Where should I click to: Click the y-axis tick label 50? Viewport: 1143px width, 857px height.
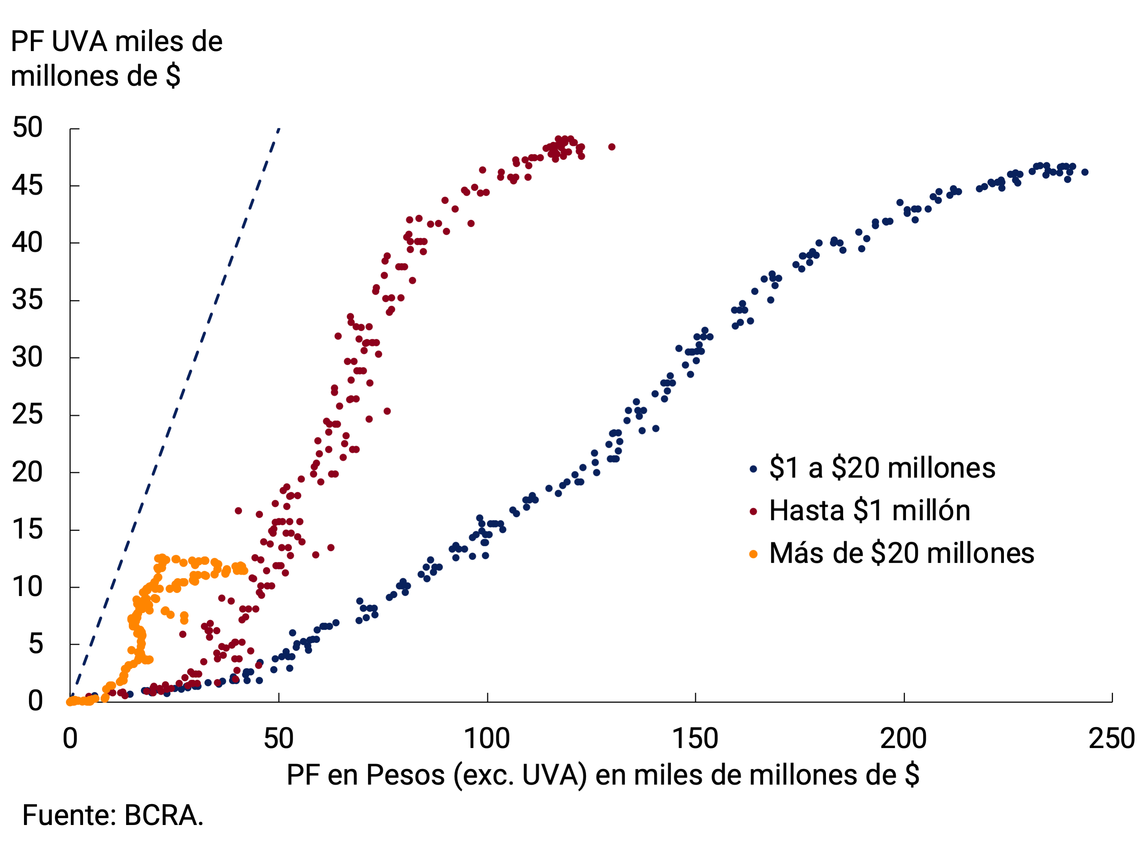click(x=27, y=128)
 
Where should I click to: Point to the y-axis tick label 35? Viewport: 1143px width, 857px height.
click(x=27, y=300)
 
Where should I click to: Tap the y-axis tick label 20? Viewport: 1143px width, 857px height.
click(x=27, y=472)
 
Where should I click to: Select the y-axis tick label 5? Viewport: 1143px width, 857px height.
click(x=36, y=644)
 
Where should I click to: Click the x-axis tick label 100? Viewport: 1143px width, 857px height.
click(x=487, y=739)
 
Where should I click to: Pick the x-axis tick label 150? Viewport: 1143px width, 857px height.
click(x=695, y=739)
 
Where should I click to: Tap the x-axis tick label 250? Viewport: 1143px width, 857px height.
click(x=1111, y=739)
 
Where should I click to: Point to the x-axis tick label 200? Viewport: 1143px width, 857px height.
click(x=903, y=739)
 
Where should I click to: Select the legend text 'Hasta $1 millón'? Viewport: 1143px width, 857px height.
click(x=870, y=511)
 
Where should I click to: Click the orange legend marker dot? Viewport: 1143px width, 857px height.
click(x=753, y=554)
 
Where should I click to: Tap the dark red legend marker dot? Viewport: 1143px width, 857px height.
click(x=753, y=512)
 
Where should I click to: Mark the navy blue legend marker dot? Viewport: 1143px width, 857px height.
click(x=753, y=469)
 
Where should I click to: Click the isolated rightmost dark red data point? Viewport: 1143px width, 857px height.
click(x=612, y=147)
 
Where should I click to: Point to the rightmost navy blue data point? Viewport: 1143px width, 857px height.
click(x=1085, y=172)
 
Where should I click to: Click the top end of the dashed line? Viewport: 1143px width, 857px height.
click(x=279, y=129)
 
